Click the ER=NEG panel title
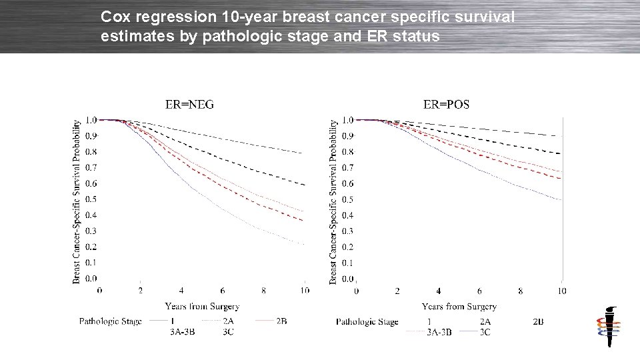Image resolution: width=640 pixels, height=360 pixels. (189, 104)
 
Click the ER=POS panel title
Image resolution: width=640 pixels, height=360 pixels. (446, 104)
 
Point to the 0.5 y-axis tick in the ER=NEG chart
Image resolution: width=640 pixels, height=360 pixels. (91, 199)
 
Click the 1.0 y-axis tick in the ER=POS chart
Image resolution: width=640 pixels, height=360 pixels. (347, 120)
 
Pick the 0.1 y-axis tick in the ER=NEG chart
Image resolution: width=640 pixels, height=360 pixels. (91, 263)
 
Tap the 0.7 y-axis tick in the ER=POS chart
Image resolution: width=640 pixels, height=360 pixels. (347, 167)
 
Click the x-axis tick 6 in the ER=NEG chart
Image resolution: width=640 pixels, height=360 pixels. (223, 291)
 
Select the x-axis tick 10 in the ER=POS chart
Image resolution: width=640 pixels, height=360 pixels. (561, 291)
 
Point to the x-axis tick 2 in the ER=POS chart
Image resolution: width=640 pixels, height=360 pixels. (397, 291)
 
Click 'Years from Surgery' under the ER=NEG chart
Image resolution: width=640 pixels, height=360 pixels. (202, 306)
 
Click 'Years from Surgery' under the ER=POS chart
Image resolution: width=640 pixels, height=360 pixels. (459, 306)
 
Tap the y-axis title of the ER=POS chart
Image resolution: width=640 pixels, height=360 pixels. (333, 201)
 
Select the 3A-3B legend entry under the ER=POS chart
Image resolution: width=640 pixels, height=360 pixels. (439, 331)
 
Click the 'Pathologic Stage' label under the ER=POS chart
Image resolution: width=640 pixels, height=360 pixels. (367, 321)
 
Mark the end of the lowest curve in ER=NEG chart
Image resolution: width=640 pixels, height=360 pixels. (304, 245)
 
